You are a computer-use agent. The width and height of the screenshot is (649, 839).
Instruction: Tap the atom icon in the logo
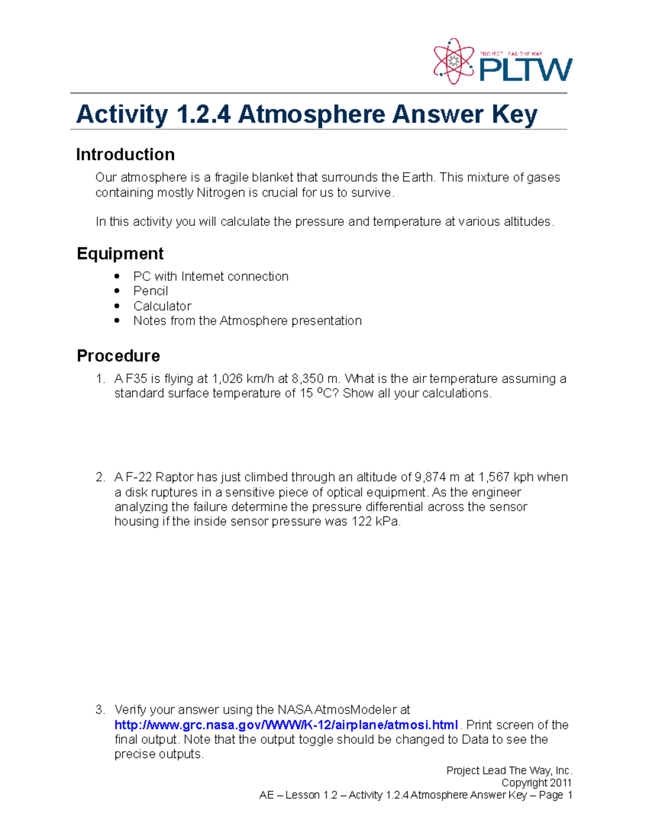point(453,62)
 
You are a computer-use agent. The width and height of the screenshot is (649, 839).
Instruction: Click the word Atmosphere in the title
point(310,114)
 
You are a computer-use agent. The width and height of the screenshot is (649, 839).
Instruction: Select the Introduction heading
point(125,155)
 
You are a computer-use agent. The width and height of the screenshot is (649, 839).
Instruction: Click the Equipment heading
point(120,253)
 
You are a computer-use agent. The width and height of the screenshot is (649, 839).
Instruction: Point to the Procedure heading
point(118,355)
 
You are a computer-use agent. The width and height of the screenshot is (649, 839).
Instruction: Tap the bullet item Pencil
point(150,291)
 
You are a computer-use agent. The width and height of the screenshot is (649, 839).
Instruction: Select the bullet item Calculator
point(162,306)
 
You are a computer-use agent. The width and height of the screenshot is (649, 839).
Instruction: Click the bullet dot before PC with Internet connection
point(117,276)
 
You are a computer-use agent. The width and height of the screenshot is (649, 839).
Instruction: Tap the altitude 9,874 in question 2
point(430,477)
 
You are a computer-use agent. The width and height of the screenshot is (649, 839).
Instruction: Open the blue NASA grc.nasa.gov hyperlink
point(286,725)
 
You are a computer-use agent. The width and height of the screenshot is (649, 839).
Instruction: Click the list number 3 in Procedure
point(99,710)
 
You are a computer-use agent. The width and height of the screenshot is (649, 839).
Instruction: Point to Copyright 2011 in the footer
point(536,783)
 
